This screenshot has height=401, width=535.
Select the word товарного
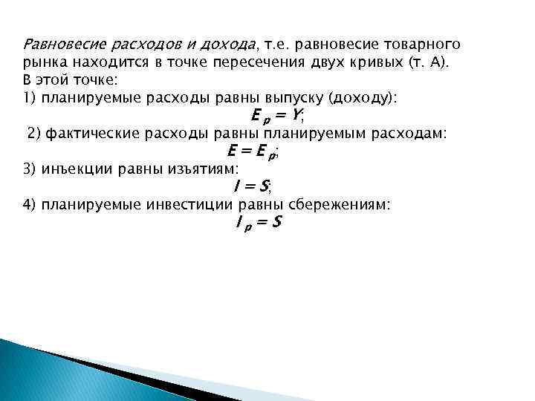(424, 43)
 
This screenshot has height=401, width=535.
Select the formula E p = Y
(278, 116)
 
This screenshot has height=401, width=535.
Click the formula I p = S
(258, 223)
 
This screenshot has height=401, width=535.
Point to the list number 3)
(29, 169)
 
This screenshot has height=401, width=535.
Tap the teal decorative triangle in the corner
(45, 371)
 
